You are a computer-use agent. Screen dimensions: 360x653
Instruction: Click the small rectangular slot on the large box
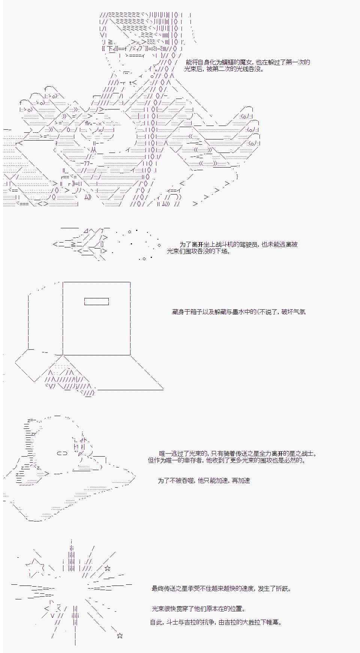[96, 301]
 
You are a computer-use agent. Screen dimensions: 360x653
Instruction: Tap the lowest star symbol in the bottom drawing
[120, 635]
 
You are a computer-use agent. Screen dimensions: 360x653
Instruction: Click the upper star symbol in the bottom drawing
[108, 568]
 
